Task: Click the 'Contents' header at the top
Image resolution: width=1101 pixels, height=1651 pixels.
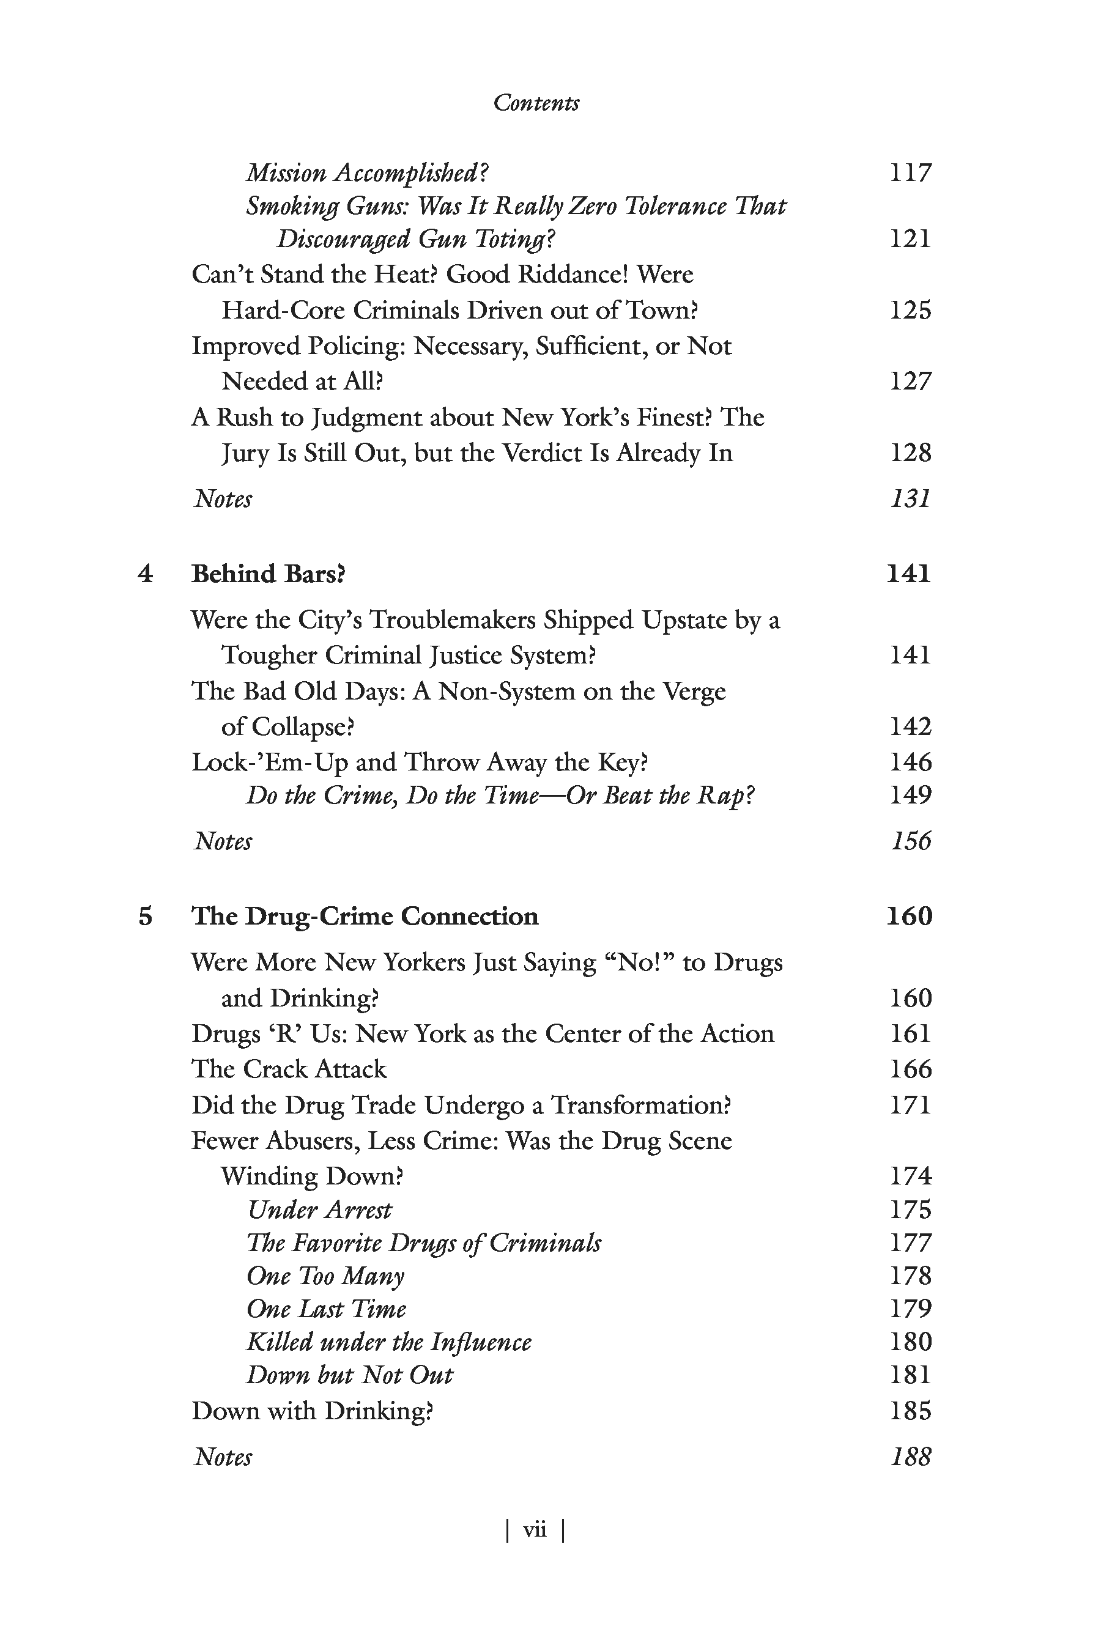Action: coord(536,103)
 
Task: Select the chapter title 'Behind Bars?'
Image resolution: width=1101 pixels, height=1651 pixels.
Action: coord(269,574)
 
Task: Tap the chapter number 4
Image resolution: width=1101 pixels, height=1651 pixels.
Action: coord(146,574)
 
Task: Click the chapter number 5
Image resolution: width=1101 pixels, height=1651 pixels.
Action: coord(146,917)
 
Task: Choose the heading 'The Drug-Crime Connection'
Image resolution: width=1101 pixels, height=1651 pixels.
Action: coord(365,917)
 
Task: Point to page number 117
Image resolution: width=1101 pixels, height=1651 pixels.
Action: coord(910,172)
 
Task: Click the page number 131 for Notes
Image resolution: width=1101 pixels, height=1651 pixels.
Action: coord(910,499)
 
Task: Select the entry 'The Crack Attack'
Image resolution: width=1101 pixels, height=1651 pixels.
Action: coord(289,1069)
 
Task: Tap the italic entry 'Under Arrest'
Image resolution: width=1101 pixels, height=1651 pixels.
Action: coord(319,1210)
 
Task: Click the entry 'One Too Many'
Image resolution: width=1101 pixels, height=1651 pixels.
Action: coord(325,1276)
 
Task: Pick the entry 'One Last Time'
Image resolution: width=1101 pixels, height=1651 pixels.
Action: coord(327,1309)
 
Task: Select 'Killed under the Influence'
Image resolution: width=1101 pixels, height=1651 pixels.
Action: coord(389,1342)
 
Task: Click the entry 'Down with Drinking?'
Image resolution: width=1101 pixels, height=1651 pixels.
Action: coord(313,1410)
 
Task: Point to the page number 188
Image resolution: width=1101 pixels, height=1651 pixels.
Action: coord(910,1457)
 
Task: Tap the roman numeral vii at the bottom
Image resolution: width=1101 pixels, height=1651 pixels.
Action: coord(535,1529)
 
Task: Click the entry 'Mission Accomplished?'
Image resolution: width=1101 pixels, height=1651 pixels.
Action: coord(366,172)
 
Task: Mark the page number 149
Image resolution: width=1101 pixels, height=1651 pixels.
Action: coord(910,796)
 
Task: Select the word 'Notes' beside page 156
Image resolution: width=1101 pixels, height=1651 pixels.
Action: coord(223,841)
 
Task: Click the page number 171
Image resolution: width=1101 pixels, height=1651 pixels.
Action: coord(910,1105)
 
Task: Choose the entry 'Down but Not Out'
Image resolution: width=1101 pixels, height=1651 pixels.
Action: coord(350,1375)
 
